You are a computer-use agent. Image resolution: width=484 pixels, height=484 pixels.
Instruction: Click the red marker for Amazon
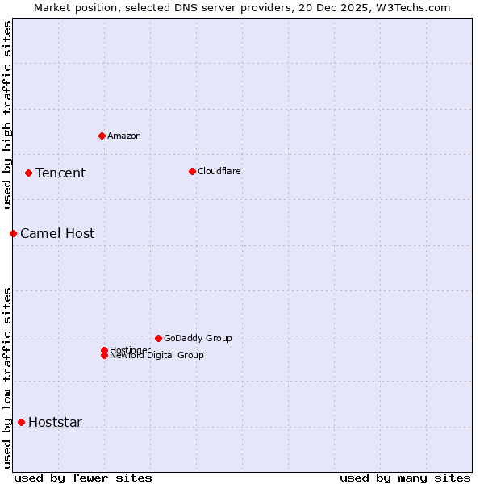[102, 136]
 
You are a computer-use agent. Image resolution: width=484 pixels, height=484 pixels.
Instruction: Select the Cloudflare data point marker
[192, 171]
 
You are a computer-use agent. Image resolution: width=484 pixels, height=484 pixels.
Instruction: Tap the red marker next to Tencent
[28, 173]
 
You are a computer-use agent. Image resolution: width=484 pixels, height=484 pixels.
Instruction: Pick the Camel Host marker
[13, 233]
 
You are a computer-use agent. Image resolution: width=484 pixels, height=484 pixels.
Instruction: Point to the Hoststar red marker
[21, 422]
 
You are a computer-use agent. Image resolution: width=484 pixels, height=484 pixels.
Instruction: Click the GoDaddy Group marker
[158, 338]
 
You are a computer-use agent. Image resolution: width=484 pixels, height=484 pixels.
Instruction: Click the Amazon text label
[124, 136]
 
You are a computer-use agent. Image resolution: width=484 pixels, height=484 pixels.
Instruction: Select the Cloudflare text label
[219, 171]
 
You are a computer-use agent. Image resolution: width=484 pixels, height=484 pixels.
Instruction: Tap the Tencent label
[60, 173]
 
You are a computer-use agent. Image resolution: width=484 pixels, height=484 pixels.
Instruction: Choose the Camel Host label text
[57, 233]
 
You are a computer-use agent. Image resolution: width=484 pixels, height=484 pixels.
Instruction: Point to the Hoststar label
[55, 422]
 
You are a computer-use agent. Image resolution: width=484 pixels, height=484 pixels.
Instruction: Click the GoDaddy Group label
[198, 338]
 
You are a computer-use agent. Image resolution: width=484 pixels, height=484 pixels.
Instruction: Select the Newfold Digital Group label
[157, 356]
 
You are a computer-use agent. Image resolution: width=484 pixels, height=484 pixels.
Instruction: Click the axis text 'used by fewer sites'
[83, 478]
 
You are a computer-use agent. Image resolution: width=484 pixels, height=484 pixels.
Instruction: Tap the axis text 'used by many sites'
[405, 478]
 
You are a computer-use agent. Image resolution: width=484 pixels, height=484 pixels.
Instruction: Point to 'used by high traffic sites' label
[7, 115]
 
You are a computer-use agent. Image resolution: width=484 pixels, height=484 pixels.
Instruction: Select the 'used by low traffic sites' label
[7, 378]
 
